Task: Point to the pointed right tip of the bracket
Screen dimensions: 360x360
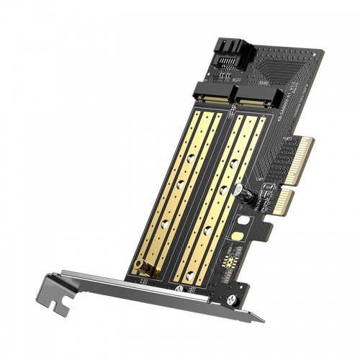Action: [261, 319]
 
